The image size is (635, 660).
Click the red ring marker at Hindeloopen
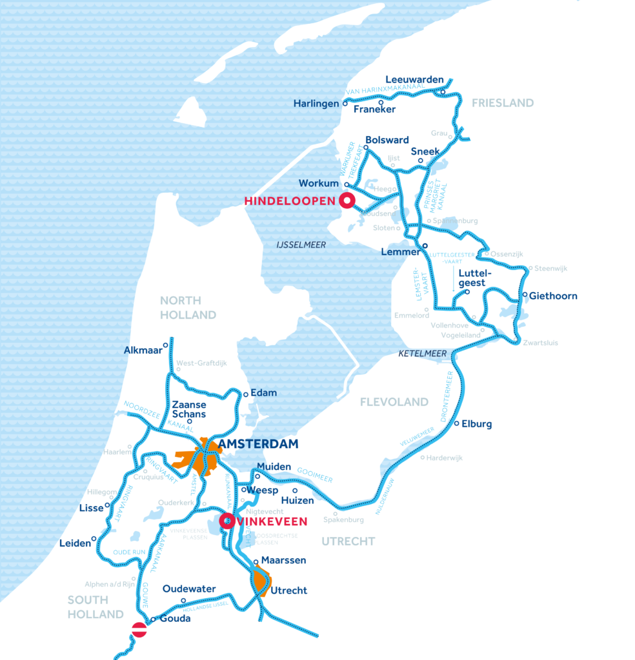pyautogui.click(x=347, y=201)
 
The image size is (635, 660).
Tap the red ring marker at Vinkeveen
pyautogui.click(x=227, y=521)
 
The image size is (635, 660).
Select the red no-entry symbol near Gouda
pyautogui.click(x=139, y=630)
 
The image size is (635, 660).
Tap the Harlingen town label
pyautogui.click(x=316, y=103)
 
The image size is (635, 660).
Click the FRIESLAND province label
pyautogui.click(x=503, y=103)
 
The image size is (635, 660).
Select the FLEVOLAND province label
pyautogui.click(x=394, y=402)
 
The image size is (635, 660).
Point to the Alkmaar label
pyautogui.click(x=142, y=351)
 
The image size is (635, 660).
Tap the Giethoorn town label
pyautogui.click(x=553, y=296)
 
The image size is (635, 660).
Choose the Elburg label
pyautogui.click(x=477, y=424)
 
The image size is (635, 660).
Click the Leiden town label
pyautogui.click(x=75, y=543)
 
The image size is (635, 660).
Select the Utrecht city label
pyautogui.click(x=288, y=590)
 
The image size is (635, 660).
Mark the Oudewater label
pyautogui.click(x=185, y=589)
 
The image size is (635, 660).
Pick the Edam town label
pyautogui.click(x=265, y=393)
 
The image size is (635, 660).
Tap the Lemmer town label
pyautogui.click(x=400, y=252)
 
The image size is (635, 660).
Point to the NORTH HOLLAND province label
pyautogui.click(x=188, y=307)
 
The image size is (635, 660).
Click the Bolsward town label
pyautogui.click(x=387, y=139)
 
